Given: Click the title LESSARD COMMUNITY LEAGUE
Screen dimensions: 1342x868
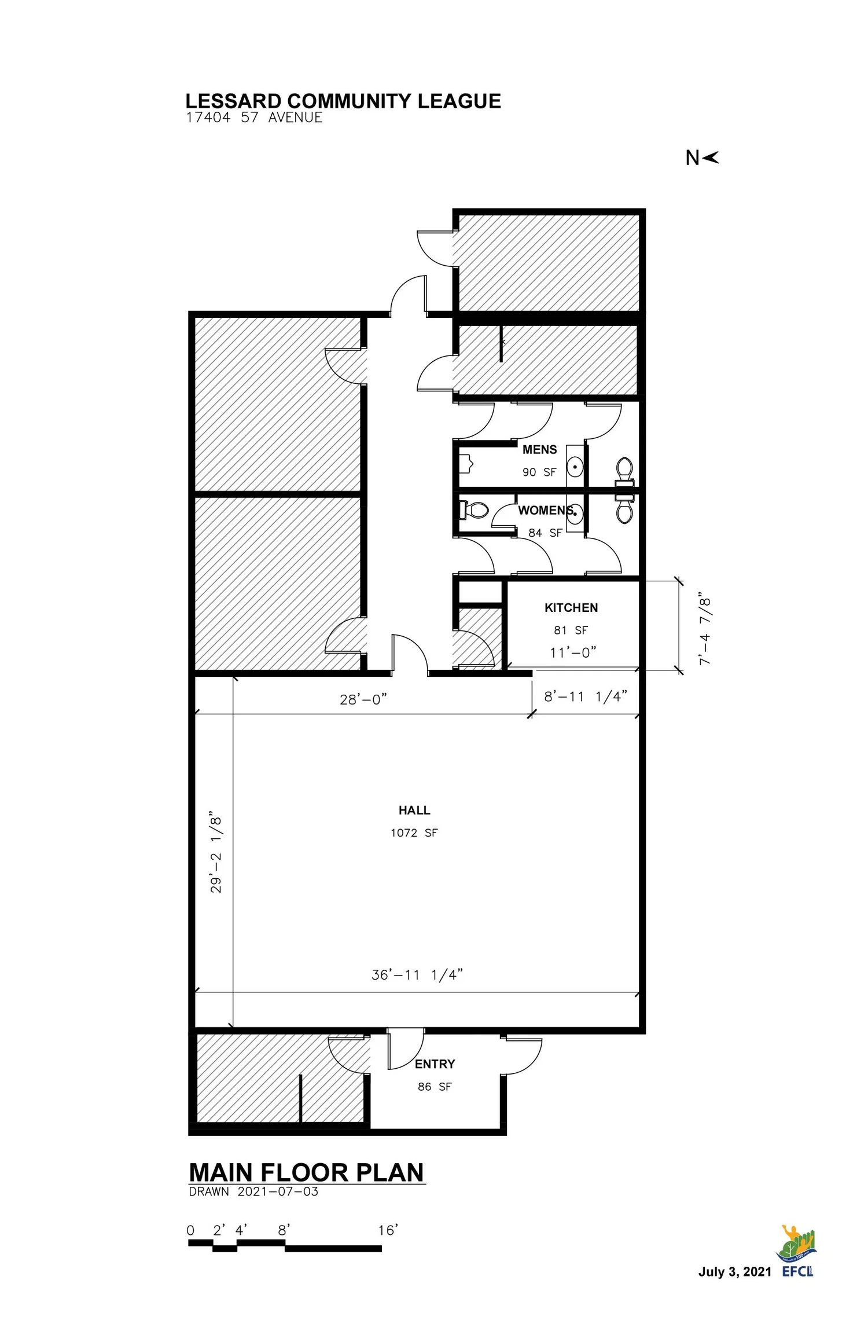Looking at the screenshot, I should point(343,101).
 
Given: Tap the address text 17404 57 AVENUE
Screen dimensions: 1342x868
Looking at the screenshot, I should point(254,118).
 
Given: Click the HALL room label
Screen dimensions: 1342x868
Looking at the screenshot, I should point(414,810).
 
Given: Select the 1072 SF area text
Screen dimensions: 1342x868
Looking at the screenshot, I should point(414,833).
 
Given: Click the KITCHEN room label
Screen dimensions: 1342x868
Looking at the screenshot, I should point(571,607).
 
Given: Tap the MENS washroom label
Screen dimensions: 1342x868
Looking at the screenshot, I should point(539,449).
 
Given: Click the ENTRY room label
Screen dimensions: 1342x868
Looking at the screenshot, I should point(435,1064).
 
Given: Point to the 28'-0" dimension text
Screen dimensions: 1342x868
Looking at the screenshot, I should point(363,699).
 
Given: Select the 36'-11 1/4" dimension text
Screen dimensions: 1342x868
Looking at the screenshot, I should point(417,974).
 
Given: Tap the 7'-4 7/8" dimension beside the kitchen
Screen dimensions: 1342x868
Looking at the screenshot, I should point(705,628).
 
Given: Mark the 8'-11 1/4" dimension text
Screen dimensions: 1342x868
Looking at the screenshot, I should point(585,696).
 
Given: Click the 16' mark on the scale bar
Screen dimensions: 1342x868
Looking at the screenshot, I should point(388,1230).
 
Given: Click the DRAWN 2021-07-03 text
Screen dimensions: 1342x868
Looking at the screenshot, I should point(253,1191).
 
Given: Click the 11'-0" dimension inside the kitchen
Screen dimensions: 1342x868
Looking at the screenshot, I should point(572,652).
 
